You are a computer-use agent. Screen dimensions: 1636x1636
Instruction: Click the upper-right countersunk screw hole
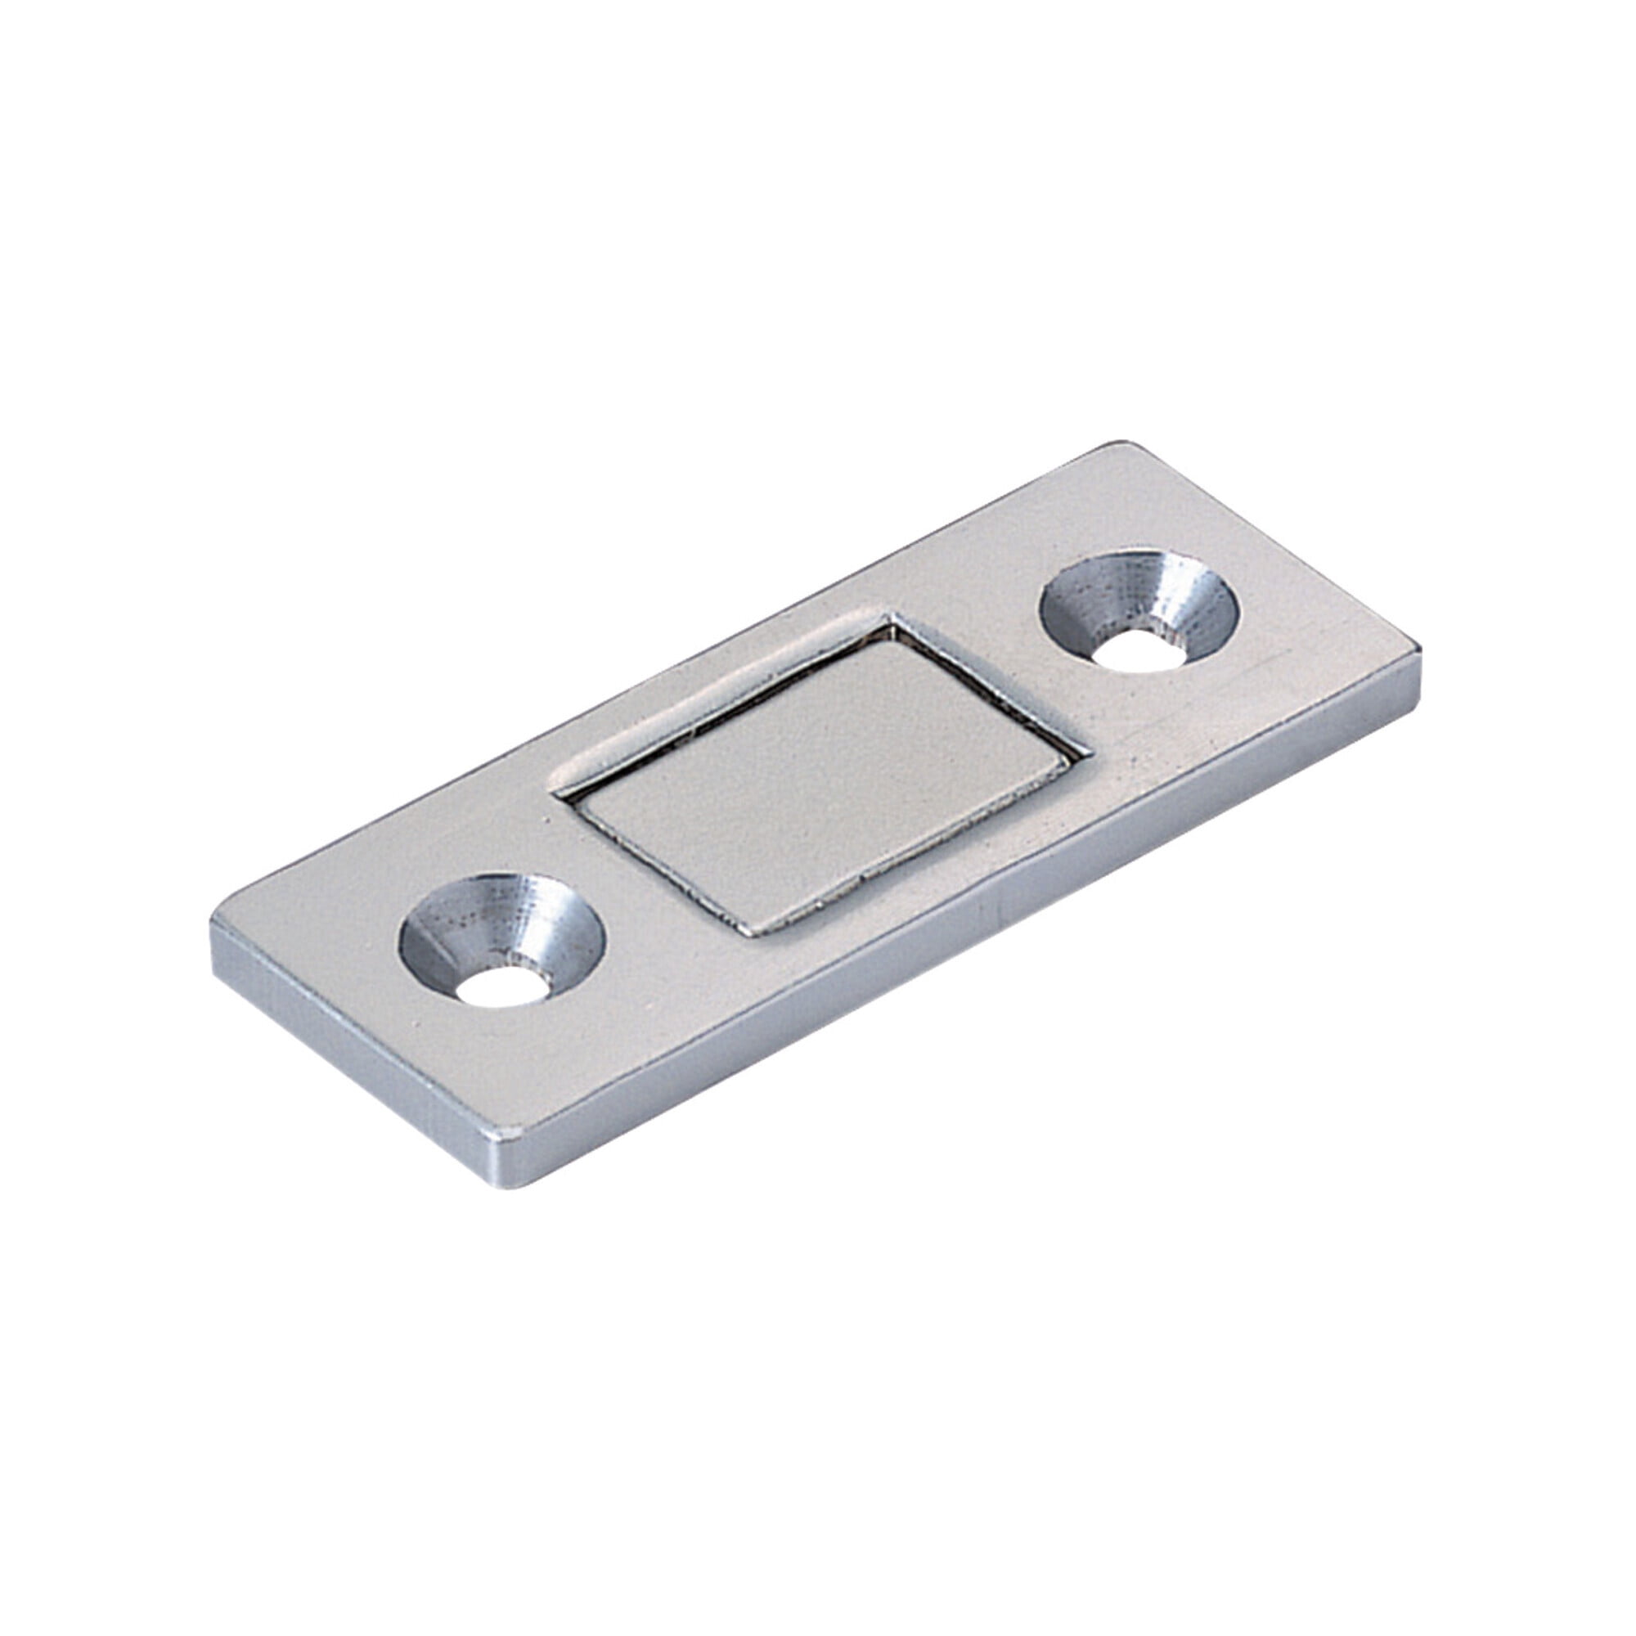(x=1139, y=610)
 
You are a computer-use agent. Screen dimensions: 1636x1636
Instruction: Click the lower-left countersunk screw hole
(x=501, y=939)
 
